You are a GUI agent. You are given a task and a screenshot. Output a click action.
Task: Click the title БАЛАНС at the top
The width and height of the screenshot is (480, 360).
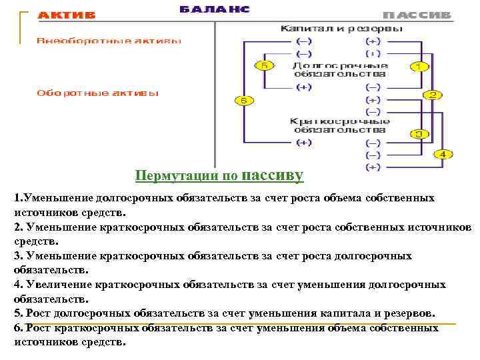pyautogui.click(x=215, y=9)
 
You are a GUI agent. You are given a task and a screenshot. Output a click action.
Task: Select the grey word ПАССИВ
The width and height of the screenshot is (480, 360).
pyautogui.click(x=417, y=15)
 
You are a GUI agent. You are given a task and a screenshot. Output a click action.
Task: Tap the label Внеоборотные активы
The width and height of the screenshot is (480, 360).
pyautogui.click(x=109, y=40)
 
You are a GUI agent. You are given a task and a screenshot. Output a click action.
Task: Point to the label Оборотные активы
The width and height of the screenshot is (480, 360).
pyautogui.click(x=97, y=93)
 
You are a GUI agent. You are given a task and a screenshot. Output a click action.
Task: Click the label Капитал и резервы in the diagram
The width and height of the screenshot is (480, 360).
pyautogui.click(x=341, y=29)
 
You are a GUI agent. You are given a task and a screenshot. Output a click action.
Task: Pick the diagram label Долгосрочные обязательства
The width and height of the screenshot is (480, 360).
pyautogui.click(x=340, y=70)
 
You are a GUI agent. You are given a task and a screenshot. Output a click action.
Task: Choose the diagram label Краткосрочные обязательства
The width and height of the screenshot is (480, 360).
pyautogui.click(x=340, y=125)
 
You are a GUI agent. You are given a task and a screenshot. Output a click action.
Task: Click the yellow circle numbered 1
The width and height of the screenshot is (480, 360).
pyautogui.click(x=419, y=66)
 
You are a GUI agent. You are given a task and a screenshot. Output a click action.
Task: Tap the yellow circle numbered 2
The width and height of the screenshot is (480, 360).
pyautogui.click(x=433, y=95)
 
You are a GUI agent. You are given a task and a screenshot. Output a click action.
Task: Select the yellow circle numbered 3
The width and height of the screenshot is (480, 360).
pyautogui.click(x=419, y=134)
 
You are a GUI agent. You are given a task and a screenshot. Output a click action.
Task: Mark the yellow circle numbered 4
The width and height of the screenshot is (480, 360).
pyautogui.click(x=444, y=154)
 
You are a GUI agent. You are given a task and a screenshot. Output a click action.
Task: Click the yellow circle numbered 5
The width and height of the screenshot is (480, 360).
pyautogui.click(x=264, y=65)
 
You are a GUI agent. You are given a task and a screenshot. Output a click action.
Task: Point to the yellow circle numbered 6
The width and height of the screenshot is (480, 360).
pyautogui.click(x=244, y=101)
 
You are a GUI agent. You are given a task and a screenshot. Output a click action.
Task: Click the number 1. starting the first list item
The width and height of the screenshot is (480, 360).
pyautogui.click(x=19, y=198)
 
